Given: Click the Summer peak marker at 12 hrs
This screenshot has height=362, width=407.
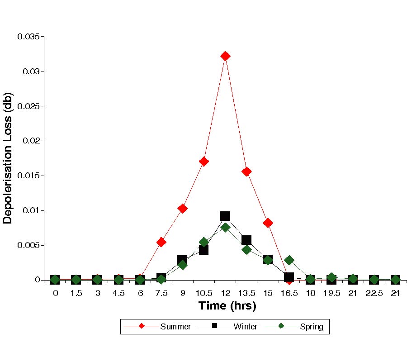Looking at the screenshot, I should (225, 56).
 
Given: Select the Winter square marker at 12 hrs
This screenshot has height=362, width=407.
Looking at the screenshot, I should (225, 216).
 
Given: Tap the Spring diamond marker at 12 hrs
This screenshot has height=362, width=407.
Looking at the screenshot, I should (225, 227).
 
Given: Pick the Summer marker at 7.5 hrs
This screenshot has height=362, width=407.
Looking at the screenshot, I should (161, 242).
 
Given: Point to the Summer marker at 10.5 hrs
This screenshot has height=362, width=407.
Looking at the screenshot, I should (204, 162).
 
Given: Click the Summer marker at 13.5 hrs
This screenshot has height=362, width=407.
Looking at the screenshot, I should (246, 171).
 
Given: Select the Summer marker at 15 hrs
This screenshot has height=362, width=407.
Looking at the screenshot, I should (268, 223).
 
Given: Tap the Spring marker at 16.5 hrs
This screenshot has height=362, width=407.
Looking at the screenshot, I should (289, 260).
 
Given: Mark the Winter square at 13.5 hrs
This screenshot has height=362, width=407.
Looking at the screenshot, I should (246, 240).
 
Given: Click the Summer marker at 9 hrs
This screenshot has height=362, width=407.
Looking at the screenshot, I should (183, 209).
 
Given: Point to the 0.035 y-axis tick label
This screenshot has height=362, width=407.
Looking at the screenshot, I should (28, 36).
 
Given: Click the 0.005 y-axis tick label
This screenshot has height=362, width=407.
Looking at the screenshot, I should (28, 245).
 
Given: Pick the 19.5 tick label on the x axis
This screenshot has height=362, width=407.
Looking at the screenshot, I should (331, 293).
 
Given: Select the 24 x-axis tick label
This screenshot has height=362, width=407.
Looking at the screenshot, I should (395, 293).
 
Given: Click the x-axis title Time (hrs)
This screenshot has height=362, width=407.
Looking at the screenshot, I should (227, 306).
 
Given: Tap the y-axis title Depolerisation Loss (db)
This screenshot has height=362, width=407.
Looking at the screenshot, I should (8, 158).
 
